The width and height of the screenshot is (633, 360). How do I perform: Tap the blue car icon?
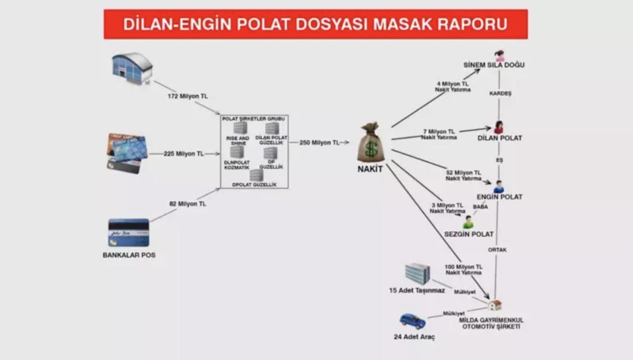413,321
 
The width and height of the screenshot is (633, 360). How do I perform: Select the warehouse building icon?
132,68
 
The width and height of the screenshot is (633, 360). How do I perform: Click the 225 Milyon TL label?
183,154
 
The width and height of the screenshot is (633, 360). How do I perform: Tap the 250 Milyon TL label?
319,142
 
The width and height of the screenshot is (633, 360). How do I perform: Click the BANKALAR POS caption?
129,255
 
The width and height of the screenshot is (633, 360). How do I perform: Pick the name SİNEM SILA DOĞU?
494,65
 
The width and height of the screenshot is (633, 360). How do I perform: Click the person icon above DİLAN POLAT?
498,128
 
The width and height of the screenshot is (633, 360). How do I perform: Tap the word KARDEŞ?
500,93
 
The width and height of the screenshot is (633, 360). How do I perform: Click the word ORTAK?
497,250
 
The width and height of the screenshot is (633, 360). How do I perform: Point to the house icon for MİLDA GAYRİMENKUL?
495,305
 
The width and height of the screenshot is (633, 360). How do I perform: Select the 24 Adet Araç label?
414,336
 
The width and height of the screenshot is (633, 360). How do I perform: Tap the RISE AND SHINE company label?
237,140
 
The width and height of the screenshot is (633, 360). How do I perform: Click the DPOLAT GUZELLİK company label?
255,185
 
